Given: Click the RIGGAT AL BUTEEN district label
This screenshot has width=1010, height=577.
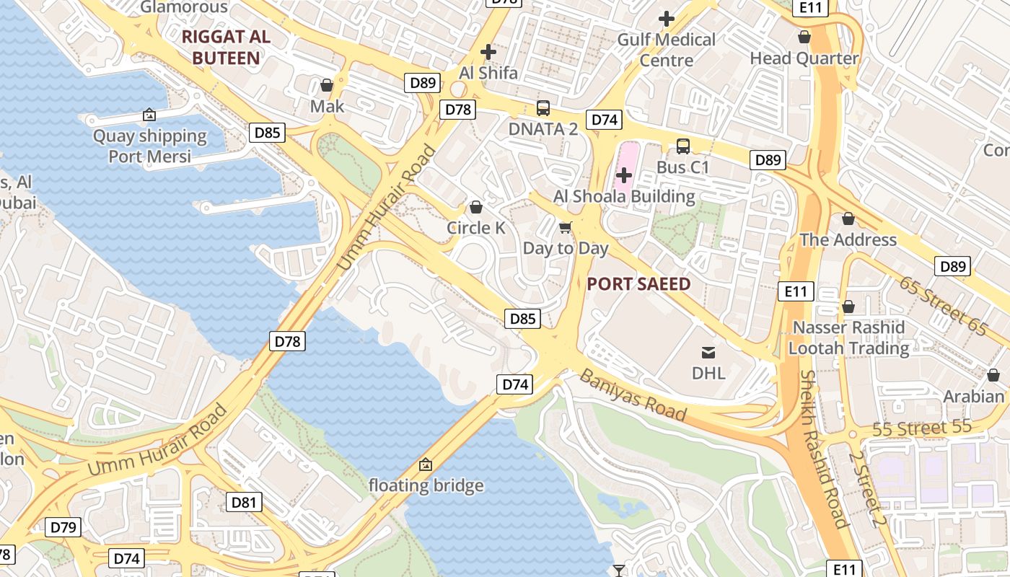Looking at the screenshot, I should [x=226, y=48].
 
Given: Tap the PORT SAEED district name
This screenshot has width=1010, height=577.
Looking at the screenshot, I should [x=638, y=283].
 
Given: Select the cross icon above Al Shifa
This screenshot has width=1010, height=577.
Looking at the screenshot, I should [x=488, y=52].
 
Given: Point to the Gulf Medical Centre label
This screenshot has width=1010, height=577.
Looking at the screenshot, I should [x=666, y=50].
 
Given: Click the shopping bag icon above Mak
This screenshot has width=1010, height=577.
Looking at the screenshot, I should [x=327, y=85].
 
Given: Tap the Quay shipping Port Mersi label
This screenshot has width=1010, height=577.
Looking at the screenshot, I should [x=149, y=146].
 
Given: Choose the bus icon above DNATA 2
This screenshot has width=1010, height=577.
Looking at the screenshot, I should [x=543, y=108].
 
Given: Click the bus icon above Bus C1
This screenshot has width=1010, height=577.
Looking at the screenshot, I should [x=683, y=146].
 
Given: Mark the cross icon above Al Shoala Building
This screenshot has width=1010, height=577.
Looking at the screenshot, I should [x=624, y=175].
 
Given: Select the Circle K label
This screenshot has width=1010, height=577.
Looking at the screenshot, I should [x=476, y=228].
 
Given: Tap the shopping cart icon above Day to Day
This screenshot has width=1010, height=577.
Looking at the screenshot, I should [x=566, y=228].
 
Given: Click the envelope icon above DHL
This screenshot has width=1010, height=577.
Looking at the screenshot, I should [x=708, y=352].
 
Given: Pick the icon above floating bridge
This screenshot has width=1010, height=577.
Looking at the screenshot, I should [x=426, y=464].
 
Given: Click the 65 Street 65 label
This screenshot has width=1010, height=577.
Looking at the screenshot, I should [x=942, y=305].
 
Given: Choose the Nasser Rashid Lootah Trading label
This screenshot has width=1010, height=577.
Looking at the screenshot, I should [x=848, y=338].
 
